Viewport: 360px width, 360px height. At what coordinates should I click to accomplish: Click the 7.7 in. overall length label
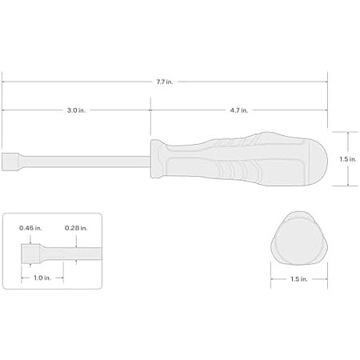click(x=165, y=82)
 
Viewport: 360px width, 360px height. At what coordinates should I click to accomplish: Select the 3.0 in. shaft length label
click(x=76, y=110)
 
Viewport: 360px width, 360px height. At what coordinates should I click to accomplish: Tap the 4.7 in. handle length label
click(x=239, y=110)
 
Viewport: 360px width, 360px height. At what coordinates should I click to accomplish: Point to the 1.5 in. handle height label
click(x=348, y=159)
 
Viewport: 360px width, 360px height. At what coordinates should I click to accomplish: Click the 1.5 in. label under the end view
click(x=299, y=279)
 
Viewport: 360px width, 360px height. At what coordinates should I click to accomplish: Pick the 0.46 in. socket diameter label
click(x=30, y=228)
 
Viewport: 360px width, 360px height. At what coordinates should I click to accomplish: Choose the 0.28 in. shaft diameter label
click(x=76, y=228)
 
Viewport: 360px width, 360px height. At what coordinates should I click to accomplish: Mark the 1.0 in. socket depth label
click(x=42, y=278)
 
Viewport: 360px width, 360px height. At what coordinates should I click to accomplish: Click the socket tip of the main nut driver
click(x=10, y=162)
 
